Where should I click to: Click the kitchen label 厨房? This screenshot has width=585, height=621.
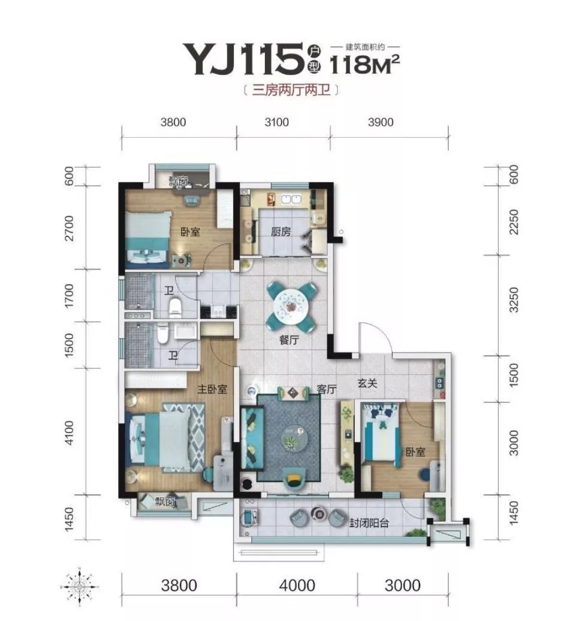[x=281, y=231]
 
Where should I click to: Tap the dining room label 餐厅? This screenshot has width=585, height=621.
[x=290, y=340]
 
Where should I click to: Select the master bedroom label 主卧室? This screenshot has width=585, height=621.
[x=212, y=389]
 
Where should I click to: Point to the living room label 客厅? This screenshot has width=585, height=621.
[x=327, y=389]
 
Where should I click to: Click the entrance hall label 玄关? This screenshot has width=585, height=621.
[x=367, y=383]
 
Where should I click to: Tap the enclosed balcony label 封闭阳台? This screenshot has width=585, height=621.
[x=369, y=523]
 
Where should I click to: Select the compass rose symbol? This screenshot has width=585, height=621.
[x=80, y=586]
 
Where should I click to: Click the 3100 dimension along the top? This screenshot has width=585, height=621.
[x=277, y=122]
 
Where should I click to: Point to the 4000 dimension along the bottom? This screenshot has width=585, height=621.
[x=297, y=585]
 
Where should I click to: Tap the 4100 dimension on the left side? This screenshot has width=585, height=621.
[x=69, y=433]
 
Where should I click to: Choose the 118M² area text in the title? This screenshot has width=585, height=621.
[x=364, y=64]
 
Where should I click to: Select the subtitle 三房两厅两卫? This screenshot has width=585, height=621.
[x=291, y=90]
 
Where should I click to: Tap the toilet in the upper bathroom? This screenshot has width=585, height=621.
[x=175, y=307]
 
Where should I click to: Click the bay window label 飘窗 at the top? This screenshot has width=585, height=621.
[x=179, y=181]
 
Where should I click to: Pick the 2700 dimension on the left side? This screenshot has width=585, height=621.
[x=69, y=228]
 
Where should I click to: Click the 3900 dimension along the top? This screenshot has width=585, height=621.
[x=381, y=122]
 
